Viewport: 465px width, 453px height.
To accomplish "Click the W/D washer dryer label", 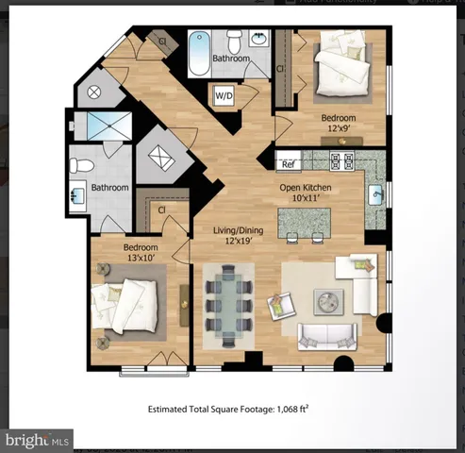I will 225,95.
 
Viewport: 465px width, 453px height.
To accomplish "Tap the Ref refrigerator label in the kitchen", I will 289,163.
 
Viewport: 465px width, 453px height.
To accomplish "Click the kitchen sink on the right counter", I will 376,196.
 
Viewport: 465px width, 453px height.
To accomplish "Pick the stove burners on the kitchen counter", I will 340,160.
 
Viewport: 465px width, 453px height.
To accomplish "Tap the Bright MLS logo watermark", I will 39,440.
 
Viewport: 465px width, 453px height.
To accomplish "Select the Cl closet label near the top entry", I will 162,41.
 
